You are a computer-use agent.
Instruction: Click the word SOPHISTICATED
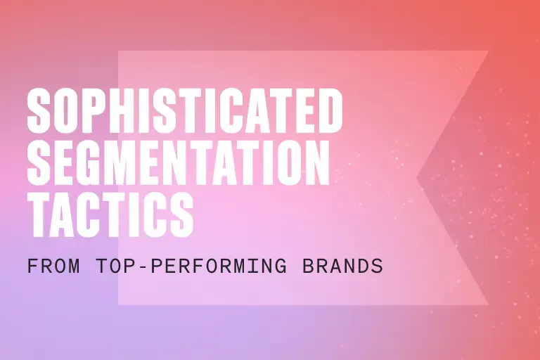[x=185, y=110]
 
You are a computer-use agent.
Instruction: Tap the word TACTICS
[x=110, y=215]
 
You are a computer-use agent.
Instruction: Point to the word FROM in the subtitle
[x=53, y=266]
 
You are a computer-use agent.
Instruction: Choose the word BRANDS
[x=342, y=266]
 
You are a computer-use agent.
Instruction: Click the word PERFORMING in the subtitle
[x=219, y=266]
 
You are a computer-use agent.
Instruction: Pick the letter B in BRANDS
[x=308, y=266]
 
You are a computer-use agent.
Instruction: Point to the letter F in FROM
[x=32, y=266]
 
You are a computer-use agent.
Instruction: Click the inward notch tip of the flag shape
[x=417, y=178]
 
